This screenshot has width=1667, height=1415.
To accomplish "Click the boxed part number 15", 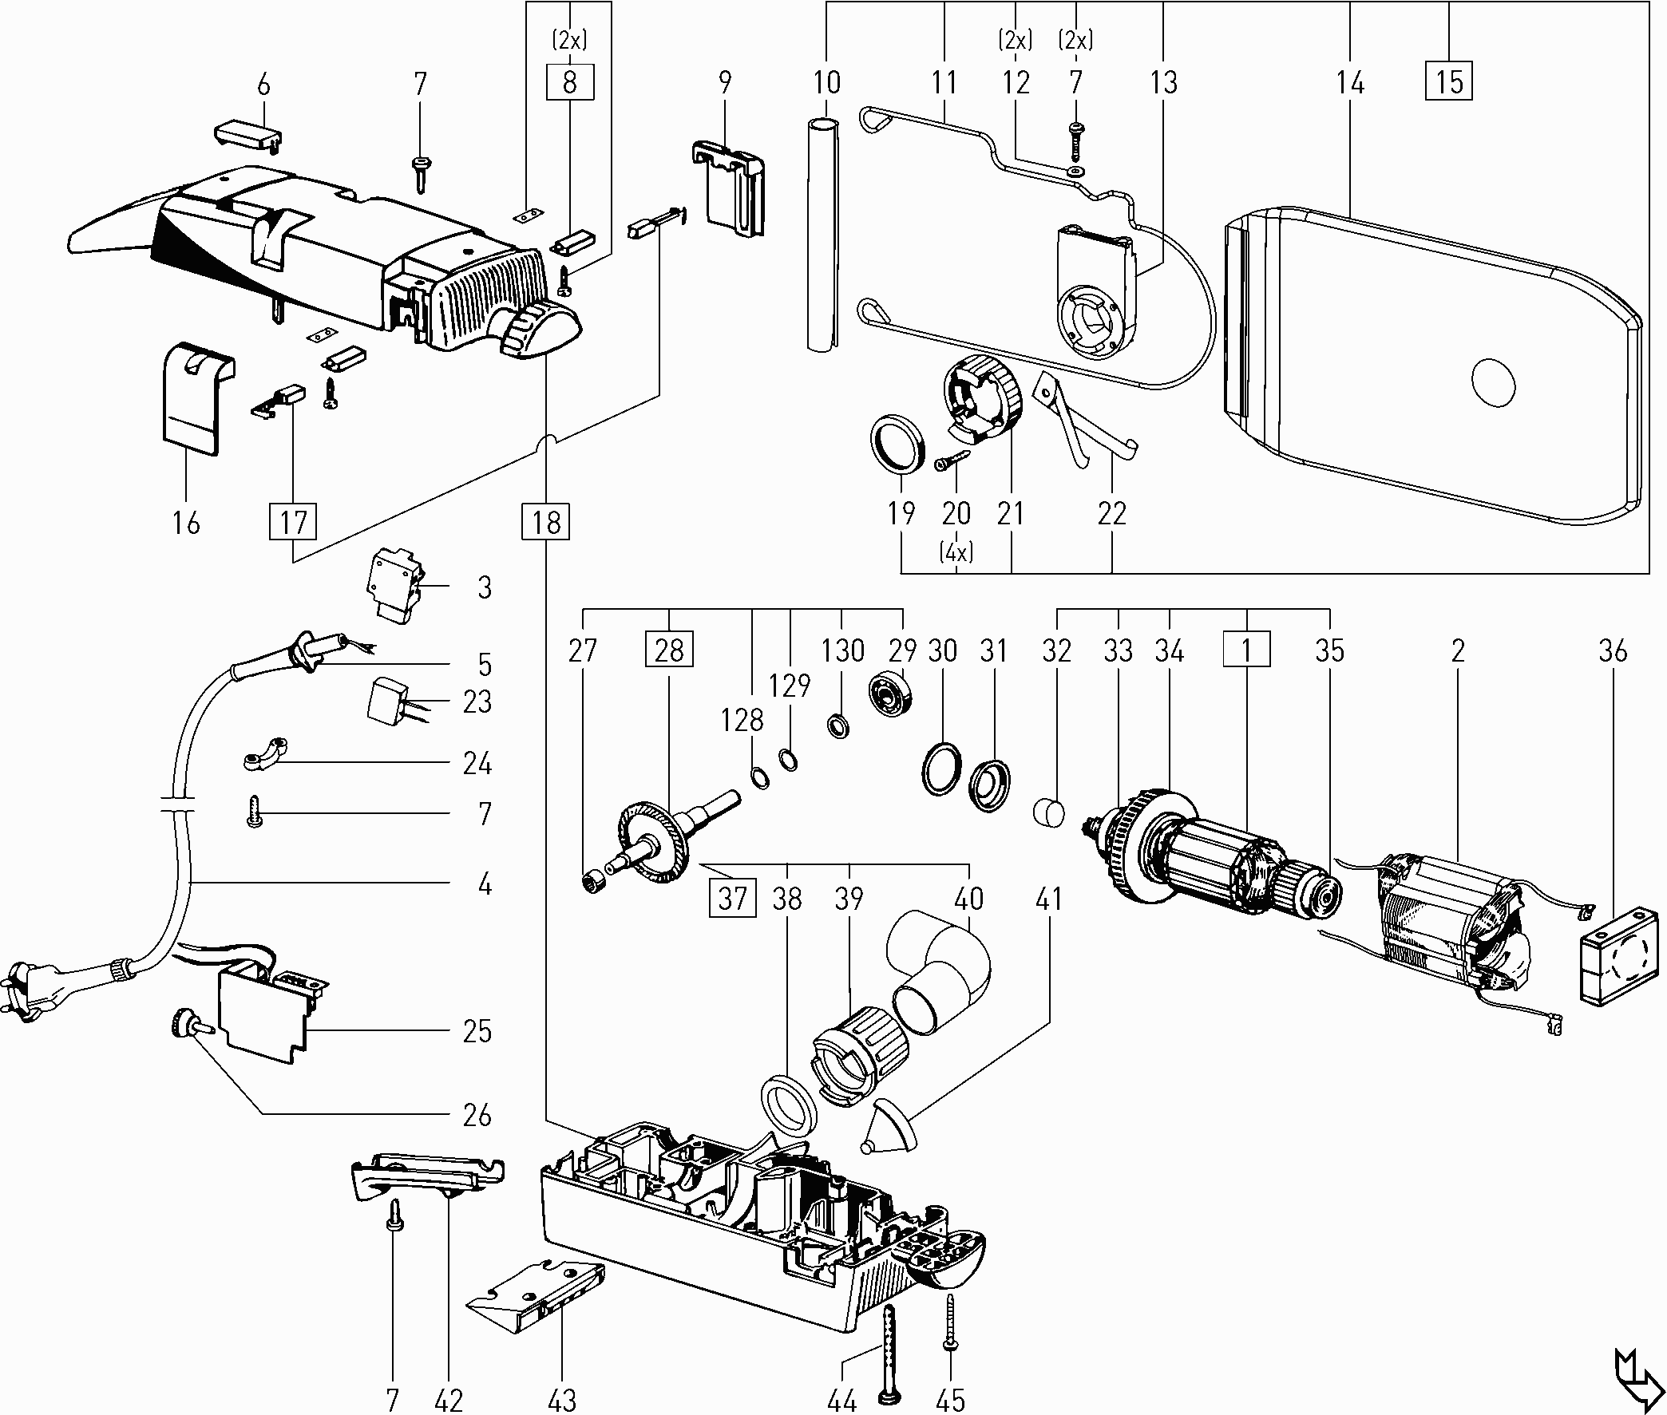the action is [1449, 81].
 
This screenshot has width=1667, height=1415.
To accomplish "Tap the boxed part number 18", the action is [546, 522].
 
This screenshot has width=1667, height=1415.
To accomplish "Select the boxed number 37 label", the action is [732, 898].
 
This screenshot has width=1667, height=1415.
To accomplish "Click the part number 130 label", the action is [842, 650].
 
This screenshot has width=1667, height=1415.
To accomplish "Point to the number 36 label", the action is [1613, 650].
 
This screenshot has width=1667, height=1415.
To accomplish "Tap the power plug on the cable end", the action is [32, 986].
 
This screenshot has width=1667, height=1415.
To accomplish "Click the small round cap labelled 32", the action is [1047, 814].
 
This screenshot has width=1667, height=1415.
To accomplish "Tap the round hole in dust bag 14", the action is [1493, 380].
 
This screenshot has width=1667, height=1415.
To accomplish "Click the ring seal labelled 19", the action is [897, 441].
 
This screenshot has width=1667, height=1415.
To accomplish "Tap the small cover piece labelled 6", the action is [250, 134].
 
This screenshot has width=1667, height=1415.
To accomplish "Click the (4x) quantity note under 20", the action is [956, 553].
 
